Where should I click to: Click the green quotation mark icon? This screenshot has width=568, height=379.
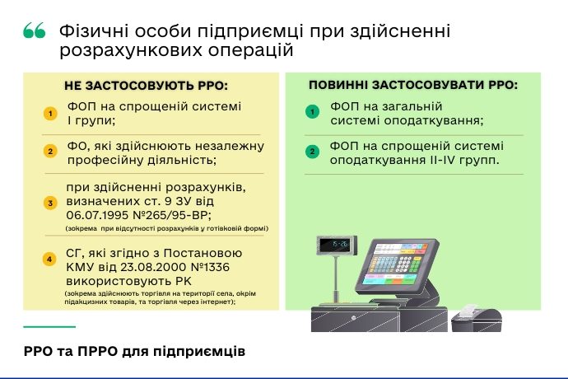pyautogui.click(x=35, y=30)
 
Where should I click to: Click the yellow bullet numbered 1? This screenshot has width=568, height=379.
pyautogui.click(x=50, y=114)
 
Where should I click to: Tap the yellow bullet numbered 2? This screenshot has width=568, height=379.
pyautogui.click(x=50, y=152)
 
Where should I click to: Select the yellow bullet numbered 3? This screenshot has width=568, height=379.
pyautogui.click(x=50, y=204)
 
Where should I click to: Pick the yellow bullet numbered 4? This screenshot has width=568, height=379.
pyautogui.click(x=49, y=260)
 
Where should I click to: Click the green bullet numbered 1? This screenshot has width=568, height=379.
pyautogui.click(x=312, y=111)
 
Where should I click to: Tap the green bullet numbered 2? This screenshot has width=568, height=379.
pyautogui.click(x=312, y=152)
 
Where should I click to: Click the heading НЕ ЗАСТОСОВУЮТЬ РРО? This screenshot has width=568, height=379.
pyautogui.click(x=146, y=86)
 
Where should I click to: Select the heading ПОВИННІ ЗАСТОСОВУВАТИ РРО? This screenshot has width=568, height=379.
pyautogui.click(x=413, y=85)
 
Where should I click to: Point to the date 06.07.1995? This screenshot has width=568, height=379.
pyautogui.click(x=98, y=215)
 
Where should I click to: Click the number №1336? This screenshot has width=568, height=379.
pyautogui.click(x=210, y=267)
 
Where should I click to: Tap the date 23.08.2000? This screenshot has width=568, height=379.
pyautogui.click(x=153, y=267)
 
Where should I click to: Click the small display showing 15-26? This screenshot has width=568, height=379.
pyautogui.click(x=337, y=246)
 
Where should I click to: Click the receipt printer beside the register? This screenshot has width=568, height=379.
pyautogui.click(x=477, y=318)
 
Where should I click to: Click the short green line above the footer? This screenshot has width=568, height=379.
pyautogui.click(x=49, y=327)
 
